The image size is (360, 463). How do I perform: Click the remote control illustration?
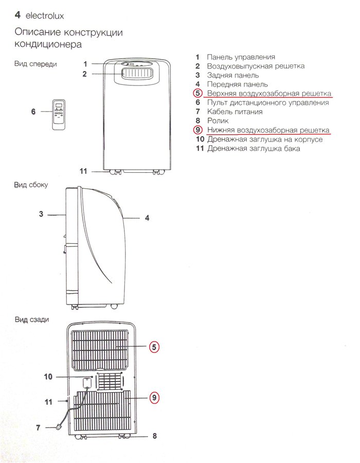click(x=59, y=115)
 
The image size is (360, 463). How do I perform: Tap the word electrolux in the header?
click(x=45, y=15)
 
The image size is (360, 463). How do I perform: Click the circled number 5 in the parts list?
click(x=197, y=93)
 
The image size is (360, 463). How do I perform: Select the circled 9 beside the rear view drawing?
click(x=154, y=398)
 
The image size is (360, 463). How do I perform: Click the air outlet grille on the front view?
click(x=137, y=73)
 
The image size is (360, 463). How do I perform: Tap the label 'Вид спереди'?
click(x=35, y=64)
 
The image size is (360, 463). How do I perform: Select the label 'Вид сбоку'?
click(x=31, y=185)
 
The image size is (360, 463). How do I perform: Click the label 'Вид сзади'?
click(x=32, y=319)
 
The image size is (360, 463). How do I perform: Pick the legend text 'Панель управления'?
click(x=241, y=57)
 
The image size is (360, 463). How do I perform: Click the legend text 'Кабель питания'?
click(x=235, y=112)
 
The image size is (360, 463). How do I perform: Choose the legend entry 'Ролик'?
click(x=218, y=120)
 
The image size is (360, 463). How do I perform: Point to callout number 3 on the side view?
click(x=41, y=214)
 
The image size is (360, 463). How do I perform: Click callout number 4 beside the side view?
click(x=147, y=218)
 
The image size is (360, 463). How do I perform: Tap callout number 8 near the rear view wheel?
click(x=154, y=436)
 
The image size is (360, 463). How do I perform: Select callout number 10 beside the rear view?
click(x=48, y=377)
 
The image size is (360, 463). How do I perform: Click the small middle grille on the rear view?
click(x=110, y=381)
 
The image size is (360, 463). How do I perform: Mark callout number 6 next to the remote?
click(x=33, y=111)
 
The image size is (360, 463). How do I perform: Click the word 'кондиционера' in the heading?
click(x=48, y=44)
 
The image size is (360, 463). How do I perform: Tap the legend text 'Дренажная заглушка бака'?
click(x=254, y=148)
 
